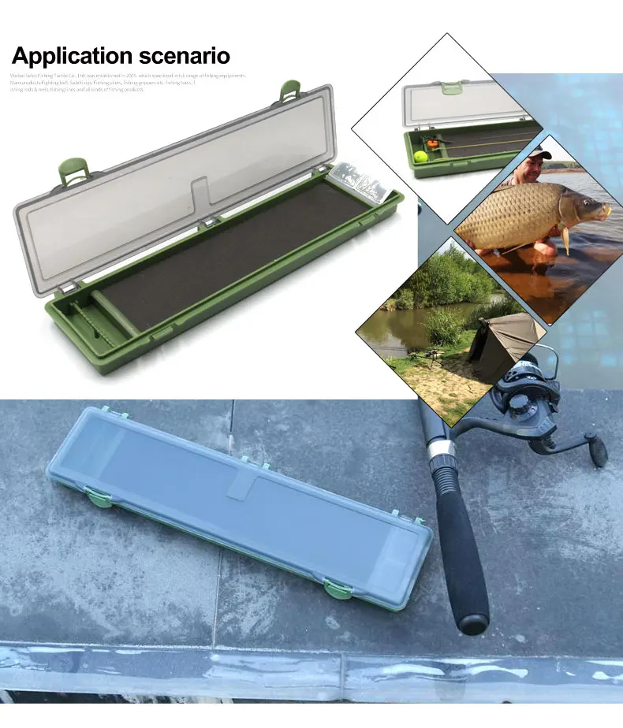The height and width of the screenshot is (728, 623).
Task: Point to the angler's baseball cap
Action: [x=539, y=151]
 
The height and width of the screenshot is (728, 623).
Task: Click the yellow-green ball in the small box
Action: [x=420, y=156]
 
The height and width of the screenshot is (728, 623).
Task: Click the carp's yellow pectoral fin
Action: [x=565, y=237]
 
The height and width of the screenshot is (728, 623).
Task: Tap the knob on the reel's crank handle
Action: [x=597, y=450]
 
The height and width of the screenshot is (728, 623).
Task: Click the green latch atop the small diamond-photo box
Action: [x=452, y=87]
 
